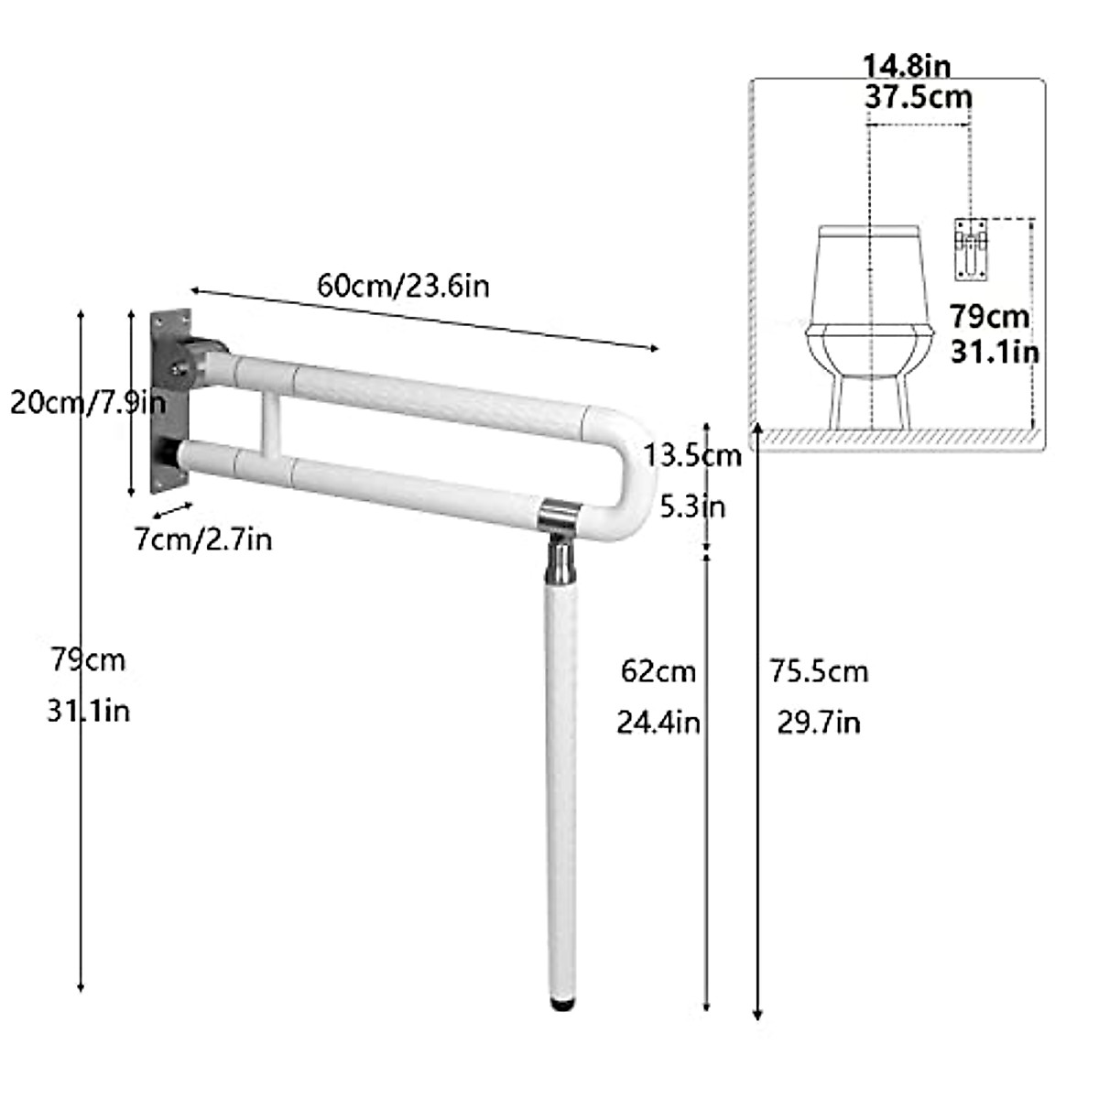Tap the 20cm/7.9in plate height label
87,403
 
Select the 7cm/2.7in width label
203,539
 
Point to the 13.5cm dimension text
691,455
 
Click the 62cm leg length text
658,671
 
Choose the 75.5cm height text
818,671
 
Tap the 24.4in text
658,723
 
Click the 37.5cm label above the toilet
918,95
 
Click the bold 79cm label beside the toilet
989,317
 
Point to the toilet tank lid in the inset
868,230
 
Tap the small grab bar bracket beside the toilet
969,247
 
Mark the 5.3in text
691,506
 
